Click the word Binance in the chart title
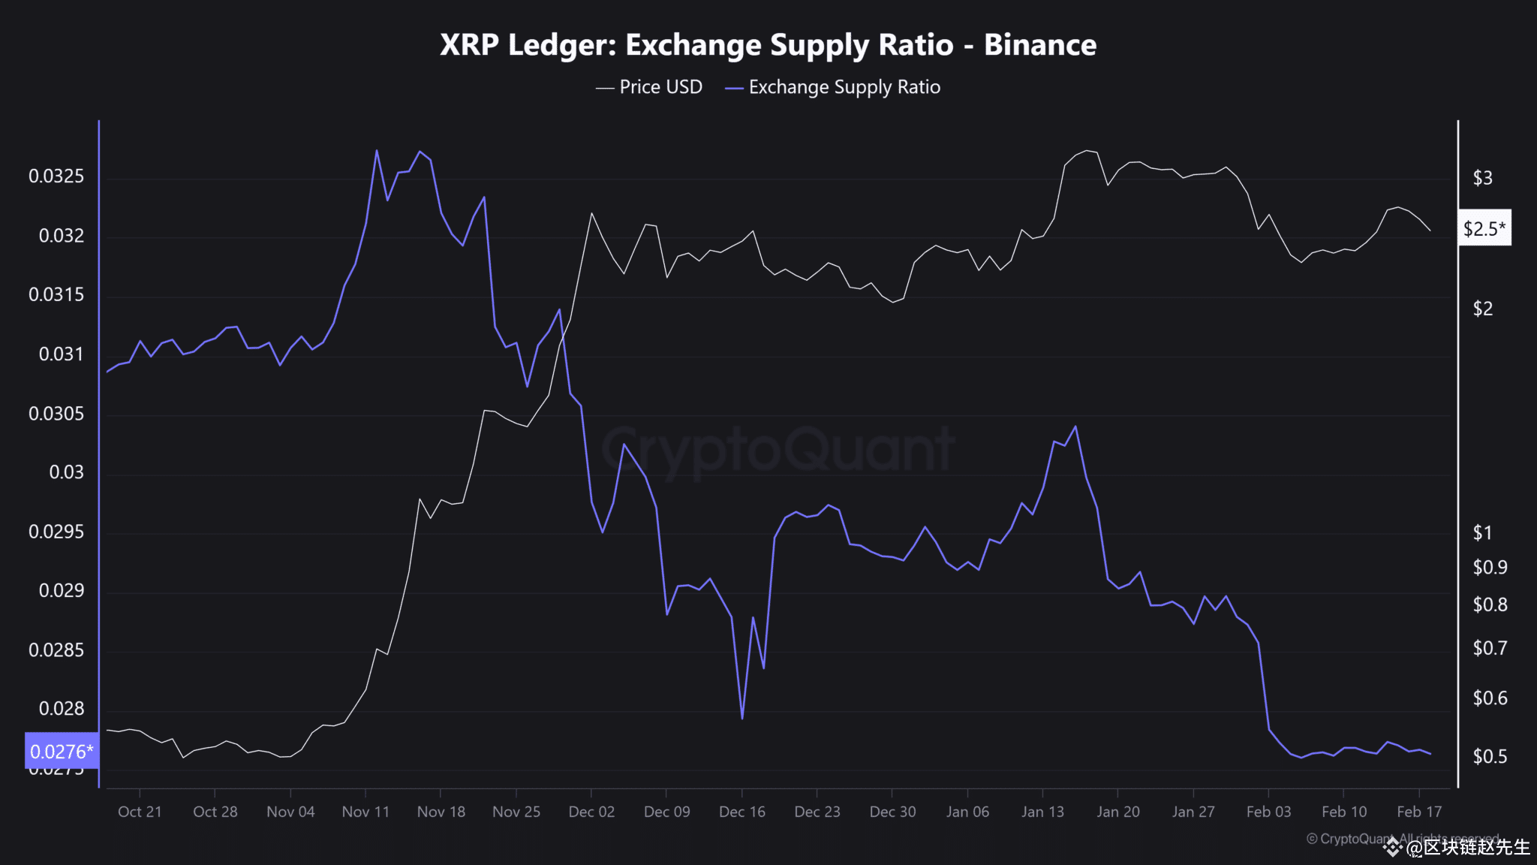pos(1039,45)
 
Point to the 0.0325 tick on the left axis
pos(56,176)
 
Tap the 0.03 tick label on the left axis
pos(66,472)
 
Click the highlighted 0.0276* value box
pos(62,751)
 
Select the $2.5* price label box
pos(1484,228)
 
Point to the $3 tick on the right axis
pos(1482,178)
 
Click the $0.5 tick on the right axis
pos(1489,756)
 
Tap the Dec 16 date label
pos(741,812)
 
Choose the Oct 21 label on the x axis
pos(140,812)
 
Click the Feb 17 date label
pos(1418,812)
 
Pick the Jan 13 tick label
pos(1042,812)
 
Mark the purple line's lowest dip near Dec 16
pos(742,719)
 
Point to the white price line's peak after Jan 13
pos(1087,151)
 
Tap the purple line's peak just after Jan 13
pos(1076,426)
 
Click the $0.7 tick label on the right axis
pos(1489,647)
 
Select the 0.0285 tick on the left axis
pos(56,650)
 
